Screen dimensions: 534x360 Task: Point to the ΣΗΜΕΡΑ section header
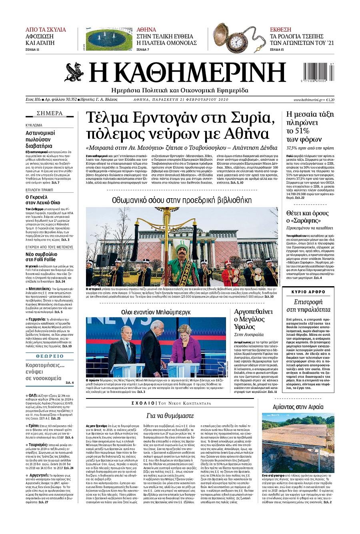pyautogui.click(x=50, y=113)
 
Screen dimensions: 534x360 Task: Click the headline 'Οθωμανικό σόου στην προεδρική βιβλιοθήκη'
pyautogui.click(x=182, y=200)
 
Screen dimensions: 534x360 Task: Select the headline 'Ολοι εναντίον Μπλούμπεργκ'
pyautogui.click(x=156, y=312)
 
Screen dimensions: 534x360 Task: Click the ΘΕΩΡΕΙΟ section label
pyautogui.click(x=50, y=356)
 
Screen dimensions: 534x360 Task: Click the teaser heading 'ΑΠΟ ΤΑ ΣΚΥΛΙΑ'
pyautogui.click(x=46, y=30)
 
